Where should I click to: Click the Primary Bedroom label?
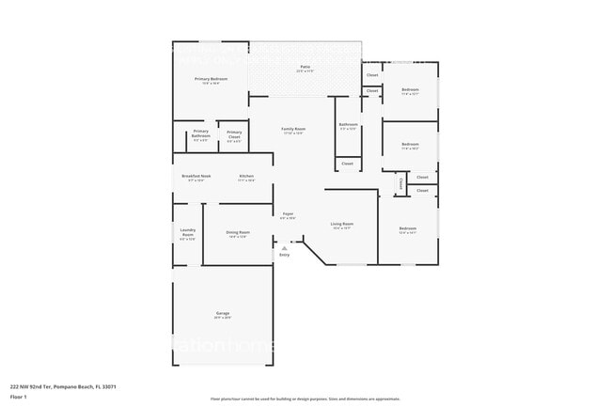point(207,79)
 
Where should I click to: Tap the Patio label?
point(305,67)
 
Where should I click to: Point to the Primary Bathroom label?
point(201,133)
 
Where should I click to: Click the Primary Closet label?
point(234,134)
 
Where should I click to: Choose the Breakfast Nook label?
point(196,176)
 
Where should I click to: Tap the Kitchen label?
point(246,176)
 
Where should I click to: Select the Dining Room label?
point(238,232)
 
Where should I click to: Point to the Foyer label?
point(289,214)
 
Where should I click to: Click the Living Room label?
point(341,224)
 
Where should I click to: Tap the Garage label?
point(223,313)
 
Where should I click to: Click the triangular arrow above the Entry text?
point(285,248)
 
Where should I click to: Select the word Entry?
point(285,255)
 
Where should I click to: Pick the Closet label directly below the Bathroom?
point(348,163)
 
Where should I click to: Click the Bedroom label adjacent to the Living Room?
point(407,228)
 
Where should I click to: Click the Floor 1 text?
point(19,395)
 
